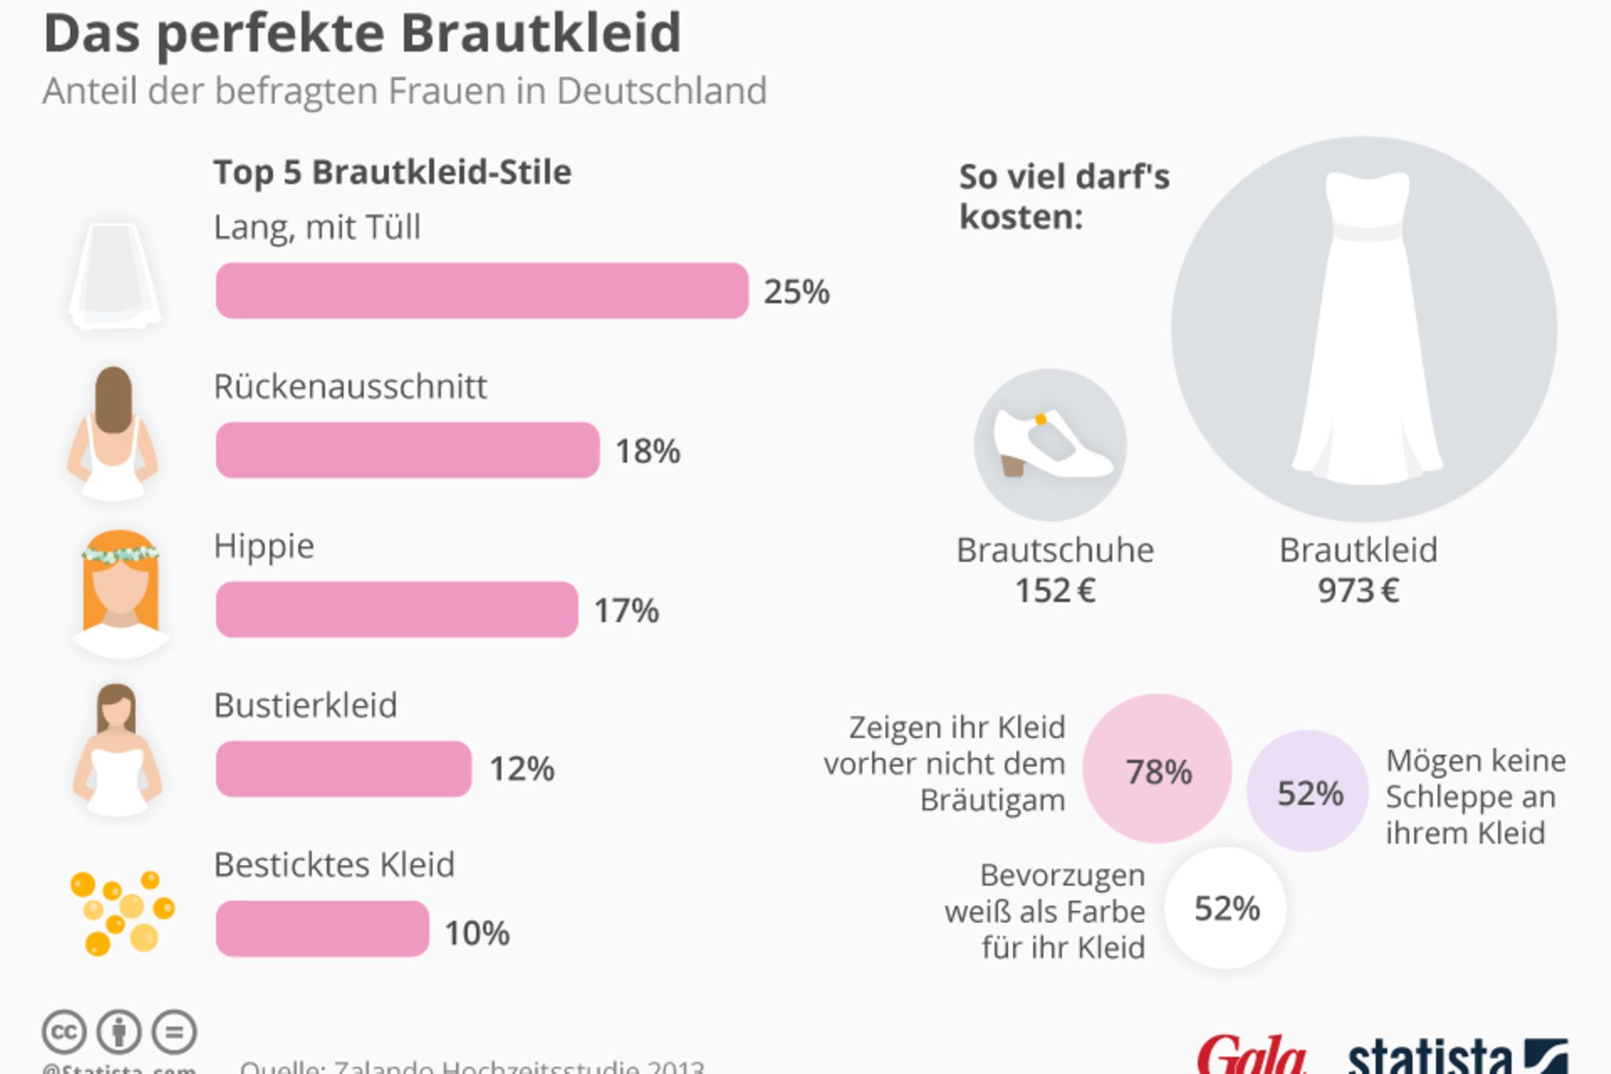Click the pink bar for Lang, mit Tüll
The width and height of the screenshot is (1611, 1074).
[x=481, y=291]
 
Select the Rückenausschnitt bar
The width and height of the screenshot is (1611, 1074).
[x=407, y=450]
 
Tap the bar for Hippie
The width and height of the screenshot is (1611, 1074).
[x=396, y=609]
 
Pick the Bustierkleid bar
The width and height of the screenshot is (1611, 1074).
[x=344, y=769]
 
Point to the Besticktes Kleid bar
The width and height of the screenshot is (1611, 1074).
[x=323, y=928]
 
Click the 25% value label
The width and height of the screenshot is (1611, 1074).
[x=796, y=292]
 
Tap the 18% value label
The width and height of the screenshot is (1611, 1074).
[x=647, y=451]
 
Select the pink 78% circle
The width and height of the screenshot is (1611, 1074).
[x=1157, y=769]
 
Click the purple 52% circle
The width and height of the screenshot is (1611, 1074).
[x=1308, y=792]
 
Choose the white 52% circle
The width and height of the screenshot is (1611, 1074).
[x=1226, y=908]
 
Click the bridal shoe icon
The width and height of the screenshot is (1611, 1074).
[x=1051, y=445]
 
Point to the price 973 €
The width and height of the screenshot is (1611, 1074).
[x=1358, y=590]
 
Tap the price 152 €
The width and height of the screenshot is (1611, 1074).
[x=1055, y=590]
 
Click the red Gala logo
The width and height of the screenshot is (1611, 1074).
[x=1251, y=1056]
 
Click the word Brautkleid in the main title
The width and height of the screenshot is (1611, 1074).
[x=540, y=33]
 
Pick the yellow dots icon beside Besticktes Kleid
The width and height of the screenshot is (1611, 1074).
[x=122, y=913]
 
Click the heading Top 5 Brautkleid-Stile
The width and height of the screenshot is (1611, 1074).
[x=392, y=172]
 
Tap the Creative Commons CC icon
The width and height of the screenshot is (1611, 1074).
[x=64, y=1032]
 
